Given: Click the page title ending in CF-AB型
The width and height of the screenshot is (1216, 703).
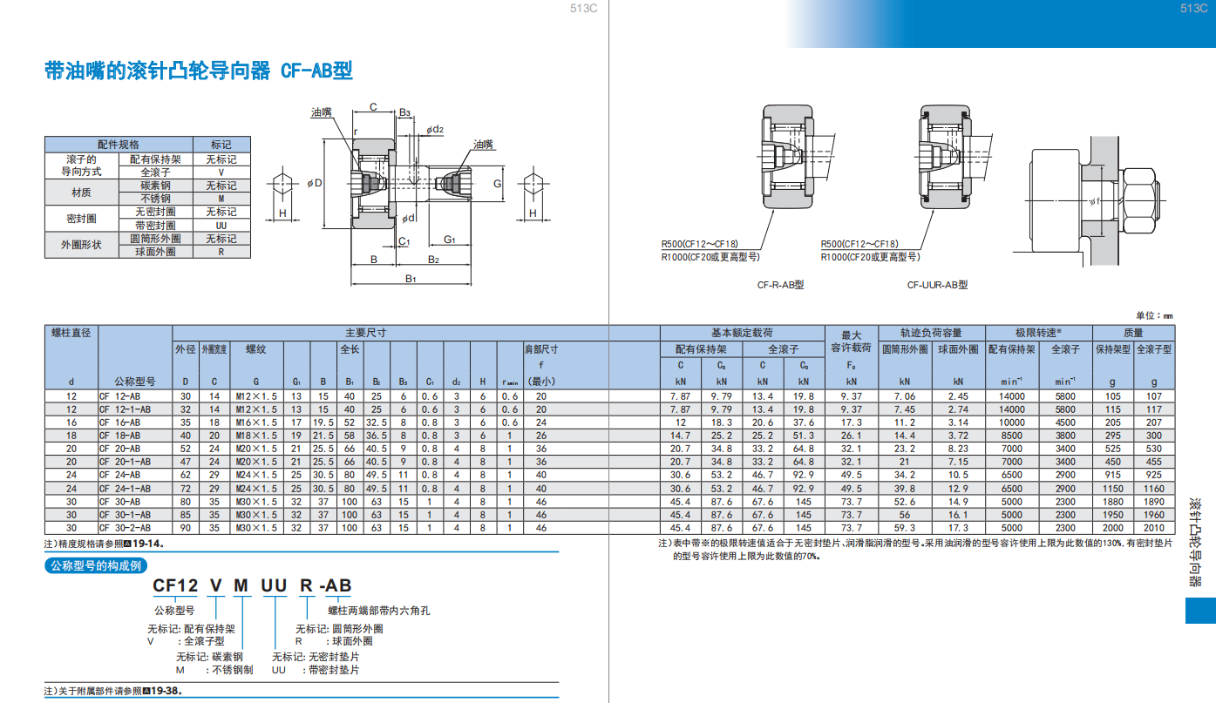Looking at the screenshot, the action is (x=199, y=71).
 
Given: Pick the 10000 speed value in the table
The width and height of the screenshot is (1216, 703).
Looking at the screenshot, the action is (x=1012, y=422).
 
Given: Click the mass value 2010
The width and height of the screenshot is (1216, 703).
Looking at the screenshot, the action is (x=1154, y=528).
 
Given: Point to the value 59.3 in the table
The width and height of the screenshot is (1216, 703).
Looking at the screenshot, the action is (x=905, y=528).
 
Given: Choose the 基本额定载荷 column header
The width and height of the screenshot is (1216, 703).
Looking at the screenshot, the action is (x=742, y=333).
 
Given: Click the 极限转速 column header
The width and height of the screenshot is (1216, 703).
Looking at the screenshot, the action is (x=1038, y=333).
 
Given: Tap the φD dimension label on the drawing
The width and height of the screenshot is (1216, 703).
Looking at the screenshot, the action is (x=315, y=183).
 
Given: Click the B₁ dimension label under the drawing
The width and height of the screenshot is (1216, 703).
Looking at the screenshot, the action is (x=411, y=278).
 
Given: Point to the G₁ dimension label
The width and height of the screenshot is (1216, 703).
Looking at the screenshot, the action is (x=450, y=240).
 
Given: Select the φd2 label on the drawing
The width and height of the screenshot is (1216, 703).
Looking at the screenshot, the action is (x=435, y=129).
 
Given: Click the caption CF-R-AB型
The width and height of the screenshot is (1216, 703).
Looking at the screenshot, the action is (x=781, y=285).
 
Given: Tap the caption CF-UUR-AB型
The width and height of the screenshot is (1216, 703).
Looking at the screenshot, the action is (x=938, y=285).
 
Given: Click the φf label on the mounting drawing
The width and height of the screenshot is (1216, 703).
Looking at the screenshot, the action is (x=1095, y=201).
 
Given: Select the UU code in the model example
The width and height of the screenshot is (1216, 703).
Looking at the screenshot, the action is (x=274, y=585).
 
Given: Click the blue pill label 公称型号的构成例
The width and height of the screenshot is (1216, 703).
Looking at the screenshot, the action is (x=96, y=565).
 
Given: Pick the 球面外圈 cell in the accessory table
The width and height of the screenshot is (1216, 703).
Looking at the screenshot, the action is (x=156, y=252).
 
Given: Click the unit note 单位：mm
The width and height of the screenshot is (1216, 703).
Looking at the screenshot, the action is (x=1155, y=315).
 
